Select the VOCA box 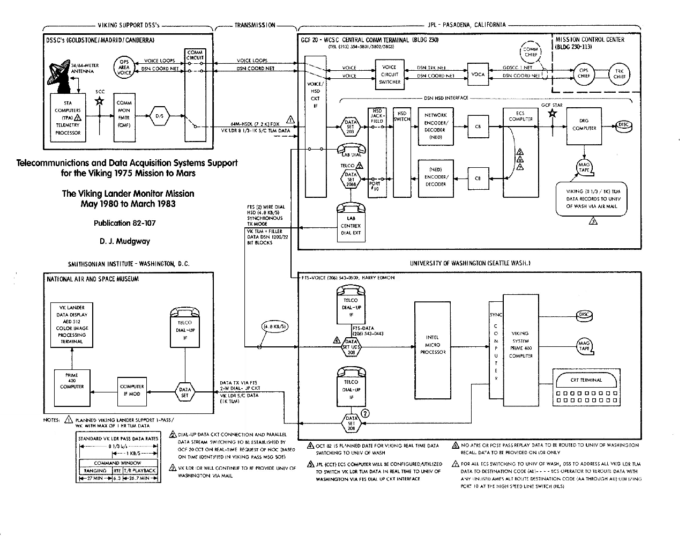click(x=478, y=75)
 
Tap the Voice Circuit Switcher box click(x=390, y=75)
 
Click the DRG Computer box click(x=584, y=125)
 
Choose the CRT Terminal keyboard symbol click(x=587, y=389)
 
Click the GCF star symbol click(x=553, y=113)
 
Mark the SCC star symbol click(x=99, y=101)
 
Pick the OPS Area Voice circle click(x=124, y=68)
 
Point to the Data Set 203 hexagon click(x=350, y=127)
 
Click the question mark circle click(x=366, y=413)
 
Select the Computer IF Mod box click(x=132, y=390)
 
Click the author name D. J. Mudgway click(x=125, y=241)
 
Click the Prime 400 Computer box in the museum click(x=72, y=383)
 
